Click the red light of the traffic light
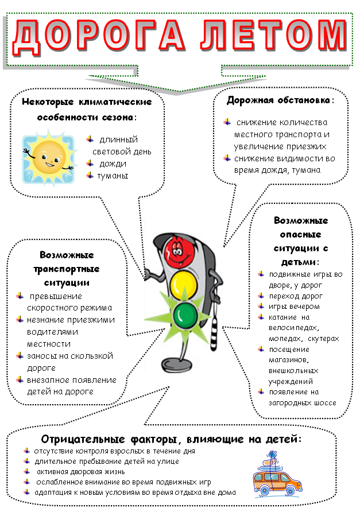[179, 249]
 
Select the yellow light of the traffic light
[183, 282]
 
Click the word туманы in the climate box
[113, 176]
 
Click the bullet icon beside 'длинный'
[90, 139]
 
